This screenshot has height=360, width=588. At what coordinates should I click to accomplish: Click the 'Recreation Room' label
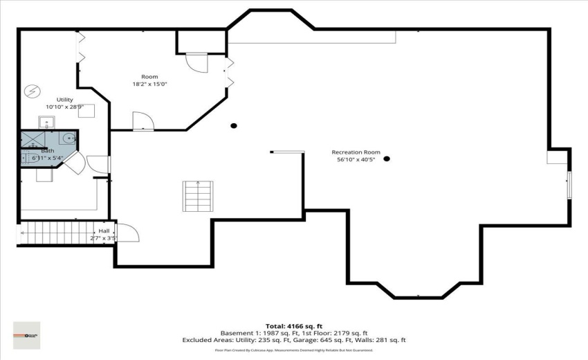(356, 152)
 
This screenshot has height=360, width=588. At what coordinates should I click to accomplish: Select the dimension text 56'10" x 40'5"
(356, 160)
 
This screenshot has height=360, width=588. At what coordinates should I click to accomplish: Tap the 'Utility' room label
(64, 100)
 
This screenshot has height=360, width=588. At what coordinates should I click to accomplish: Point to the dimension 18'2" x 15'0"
(149, 84)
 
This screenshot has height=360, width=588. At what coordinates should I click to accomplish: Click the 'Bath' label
(48, 151)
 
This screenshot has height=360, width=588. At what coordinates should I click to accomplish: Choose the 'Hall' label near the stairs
(104, 231)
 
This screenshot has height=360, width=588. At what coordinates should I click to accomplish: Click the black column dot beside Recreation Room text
(387, 159)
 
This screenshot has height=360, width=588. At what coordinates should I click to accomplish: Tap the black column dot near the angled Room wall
(234, 125)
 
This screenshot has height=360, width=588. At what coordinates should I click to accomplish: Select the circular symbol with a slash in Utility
(31, 90)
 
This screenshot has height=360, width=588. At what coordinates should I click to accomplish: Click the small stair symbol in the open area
(198, 196)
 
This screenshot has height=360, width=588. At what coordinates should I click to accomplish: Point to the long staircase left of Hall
(66, 233)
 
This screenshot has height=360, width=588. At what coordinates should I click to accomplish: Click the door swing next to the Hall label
(129, 233)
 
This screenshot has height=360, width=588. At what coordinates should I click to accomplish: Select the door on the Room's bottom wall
(143, 121)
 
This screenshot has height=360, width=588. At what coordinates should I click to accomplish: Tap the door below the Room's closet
(196, 62)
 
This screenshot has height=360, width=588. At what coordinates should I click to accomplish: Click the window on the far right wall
(569, 184)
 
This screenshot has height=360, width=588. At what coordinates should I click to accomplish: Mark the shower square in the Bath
(32, 140)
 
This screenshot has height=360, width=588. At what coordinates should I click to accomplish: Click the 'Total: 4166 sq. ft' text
(294, 325)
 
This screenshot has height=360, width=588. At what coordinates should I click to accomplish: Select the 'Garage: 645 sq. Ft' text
(342, 340)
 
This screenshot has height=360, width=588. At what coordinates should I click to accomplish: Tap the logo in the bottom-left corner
(27, 335)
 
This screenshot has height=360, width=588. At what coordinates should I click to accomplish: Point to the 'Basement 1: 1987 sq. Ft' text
(253, 333)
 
